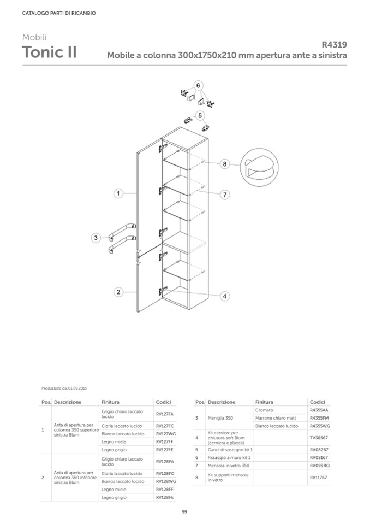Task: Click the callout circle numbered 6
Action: [x=198, y=86]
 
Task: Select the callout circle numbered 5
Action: [x=200, y=116]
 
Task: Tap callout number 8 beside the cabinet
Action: [x=225, y=164]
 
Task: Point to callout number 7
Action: [x=225, y=195]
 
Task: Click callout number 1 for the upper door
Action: [x=118, y=193]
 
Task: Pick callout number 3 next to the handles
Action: [x=96, y=238]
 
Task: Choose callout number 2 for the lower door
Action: [x=118, y=292]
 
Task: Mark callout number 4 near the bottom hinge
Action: [x=225, y=296]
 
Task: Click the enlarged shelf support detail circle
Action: [x=259, y=167]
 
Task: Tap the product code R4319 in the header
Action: [x=334, y=44]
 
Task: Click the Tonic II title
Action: [x=49, y=52]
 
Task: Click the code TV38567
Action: [x=319, y=438]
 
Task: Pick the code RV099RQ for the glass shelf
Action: [x=320, y=466]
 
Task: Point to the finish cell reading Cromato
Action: [x=264, y=410]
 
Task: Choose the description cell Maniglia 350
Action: [x=220, y=418]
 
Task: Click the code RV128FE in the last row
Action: [x=164, y=497]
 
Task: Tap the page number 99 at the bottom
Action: [x=184, y=511]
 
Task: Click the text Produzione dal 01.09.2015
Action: [x=64, y=388]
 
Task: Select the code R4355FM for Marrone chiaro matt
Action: [x=319, y=418]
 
